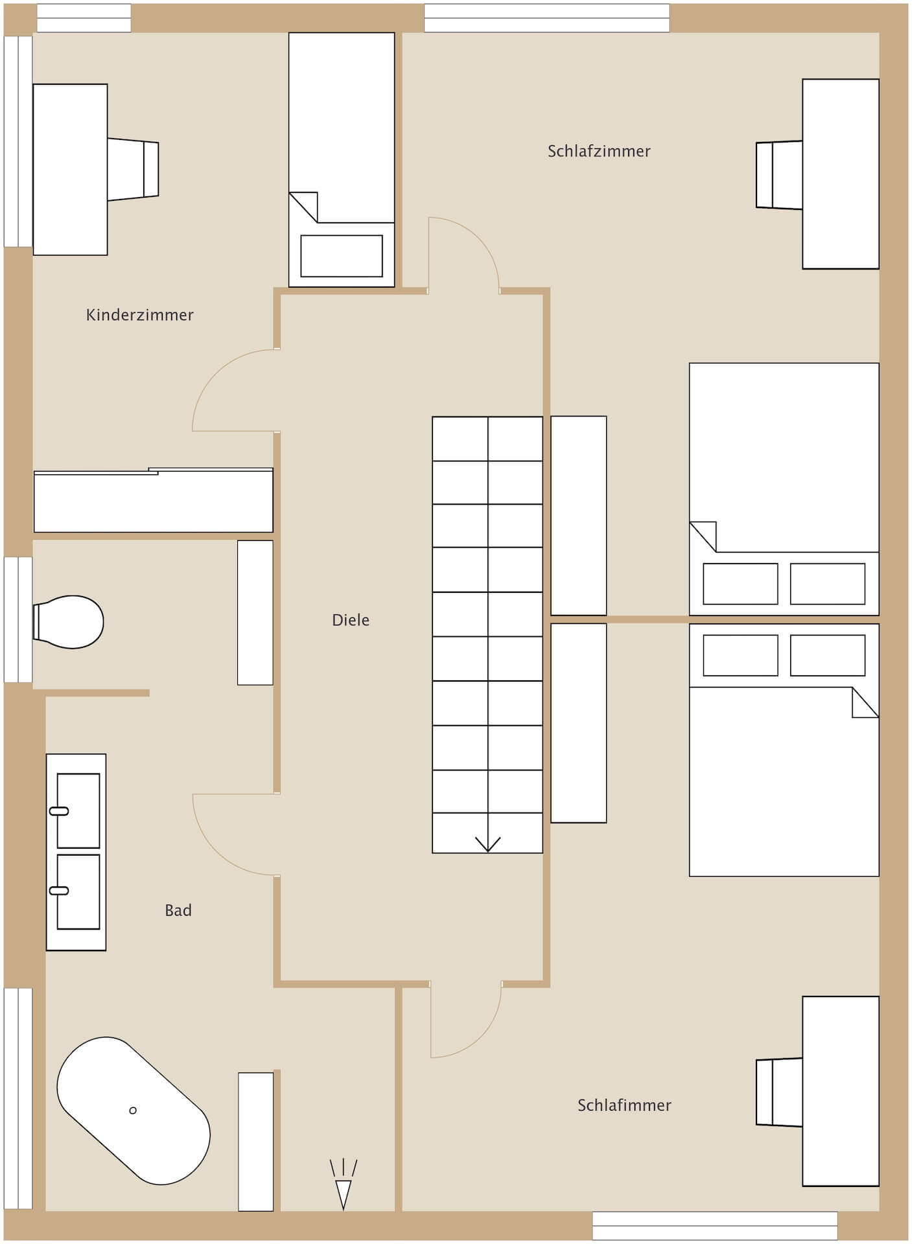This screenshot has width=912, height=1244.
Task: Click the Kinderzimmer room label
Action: (139, 315)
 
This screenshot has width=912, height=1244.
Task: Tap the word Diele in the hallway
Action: (351, 620)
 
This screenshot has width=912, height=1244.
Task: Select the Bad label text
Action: (178, 910)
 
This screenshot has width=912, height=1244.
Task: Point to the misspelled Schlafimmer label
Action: (624, 1105)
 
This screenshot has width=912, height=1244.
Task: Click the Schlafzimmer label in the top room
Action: (599, 151)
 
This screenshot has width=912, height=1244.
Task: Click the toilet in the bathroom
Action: (68, 622)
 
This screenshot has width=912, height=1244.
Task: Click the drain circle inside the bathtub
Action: (133, 1111)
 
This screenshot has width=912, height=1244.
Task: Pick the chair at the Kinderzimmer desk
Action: (133, 169)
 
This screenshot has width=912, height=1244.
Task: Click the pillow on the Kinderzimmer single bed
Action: (342, 256)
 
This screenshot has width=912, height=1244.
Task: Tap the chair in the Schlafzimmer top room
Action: (779, 175)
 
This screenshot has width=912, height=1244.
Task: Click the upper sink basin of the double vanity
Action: (78, 811)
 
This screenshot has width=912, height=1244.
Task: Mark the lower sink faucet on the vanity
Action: (59, 891)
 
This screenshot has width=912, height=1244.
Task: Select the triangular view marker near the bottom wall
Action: (343, 1194)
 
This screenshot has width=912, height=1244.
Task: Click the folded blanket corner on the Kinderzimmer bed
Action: (303, 207)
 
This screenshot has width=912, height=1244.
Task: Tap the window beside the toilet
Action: (18, 619)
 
